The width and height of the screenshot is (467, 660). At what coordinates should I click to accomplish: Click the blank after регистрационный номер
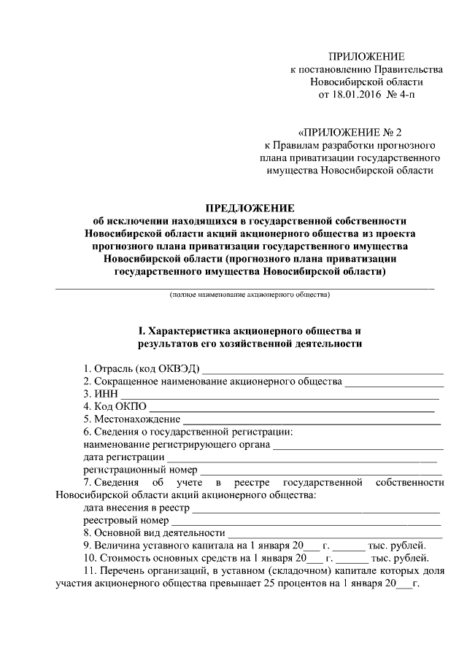coord(321,473)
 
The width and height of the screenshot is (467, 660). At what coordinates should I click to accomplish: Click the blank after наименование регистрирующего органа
coord(358,446)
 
